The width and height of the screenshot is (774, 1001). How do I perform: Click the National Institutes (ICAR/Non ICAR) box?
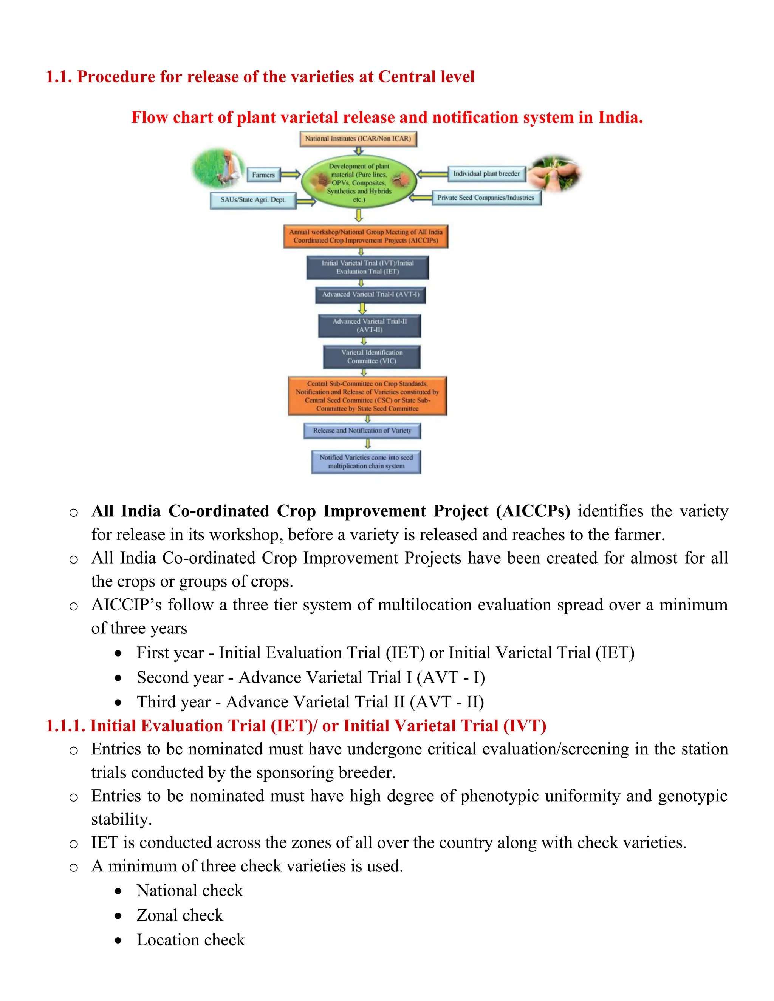[358, 138]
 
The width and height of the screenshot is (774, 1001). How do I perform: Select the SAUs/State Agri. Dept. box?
[253, 200]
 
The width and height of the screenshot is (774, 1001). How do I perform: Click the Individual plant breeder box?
[486, 174]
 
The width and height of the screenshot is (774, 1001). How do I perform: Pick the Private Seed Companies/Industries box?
[486, 198]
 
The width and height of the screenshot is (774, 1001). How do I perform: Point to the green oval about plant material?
[359, 182]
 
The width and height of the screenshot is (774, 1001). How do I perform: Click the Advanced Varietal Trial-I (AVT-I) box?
[370, 295]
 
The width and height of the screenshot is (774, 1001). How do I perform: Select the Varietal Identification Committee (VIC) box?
[372, 357]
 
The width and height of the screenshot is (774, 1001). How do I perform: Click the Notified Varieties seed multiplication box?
[366, 462]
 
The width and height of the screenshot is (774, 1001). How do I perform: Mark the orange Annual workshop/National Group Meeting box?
[365, 236]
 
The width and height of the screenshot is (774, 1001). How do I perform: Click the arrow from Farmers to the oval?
[290, 174]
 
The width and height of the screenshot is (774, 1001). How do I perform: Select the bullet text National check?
[189, 891]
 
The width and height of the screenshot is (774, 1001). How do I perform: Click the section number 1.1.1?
[65, 726]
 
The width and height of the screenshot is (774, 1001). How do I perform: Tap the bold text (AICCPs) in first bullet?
[533, 511]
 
